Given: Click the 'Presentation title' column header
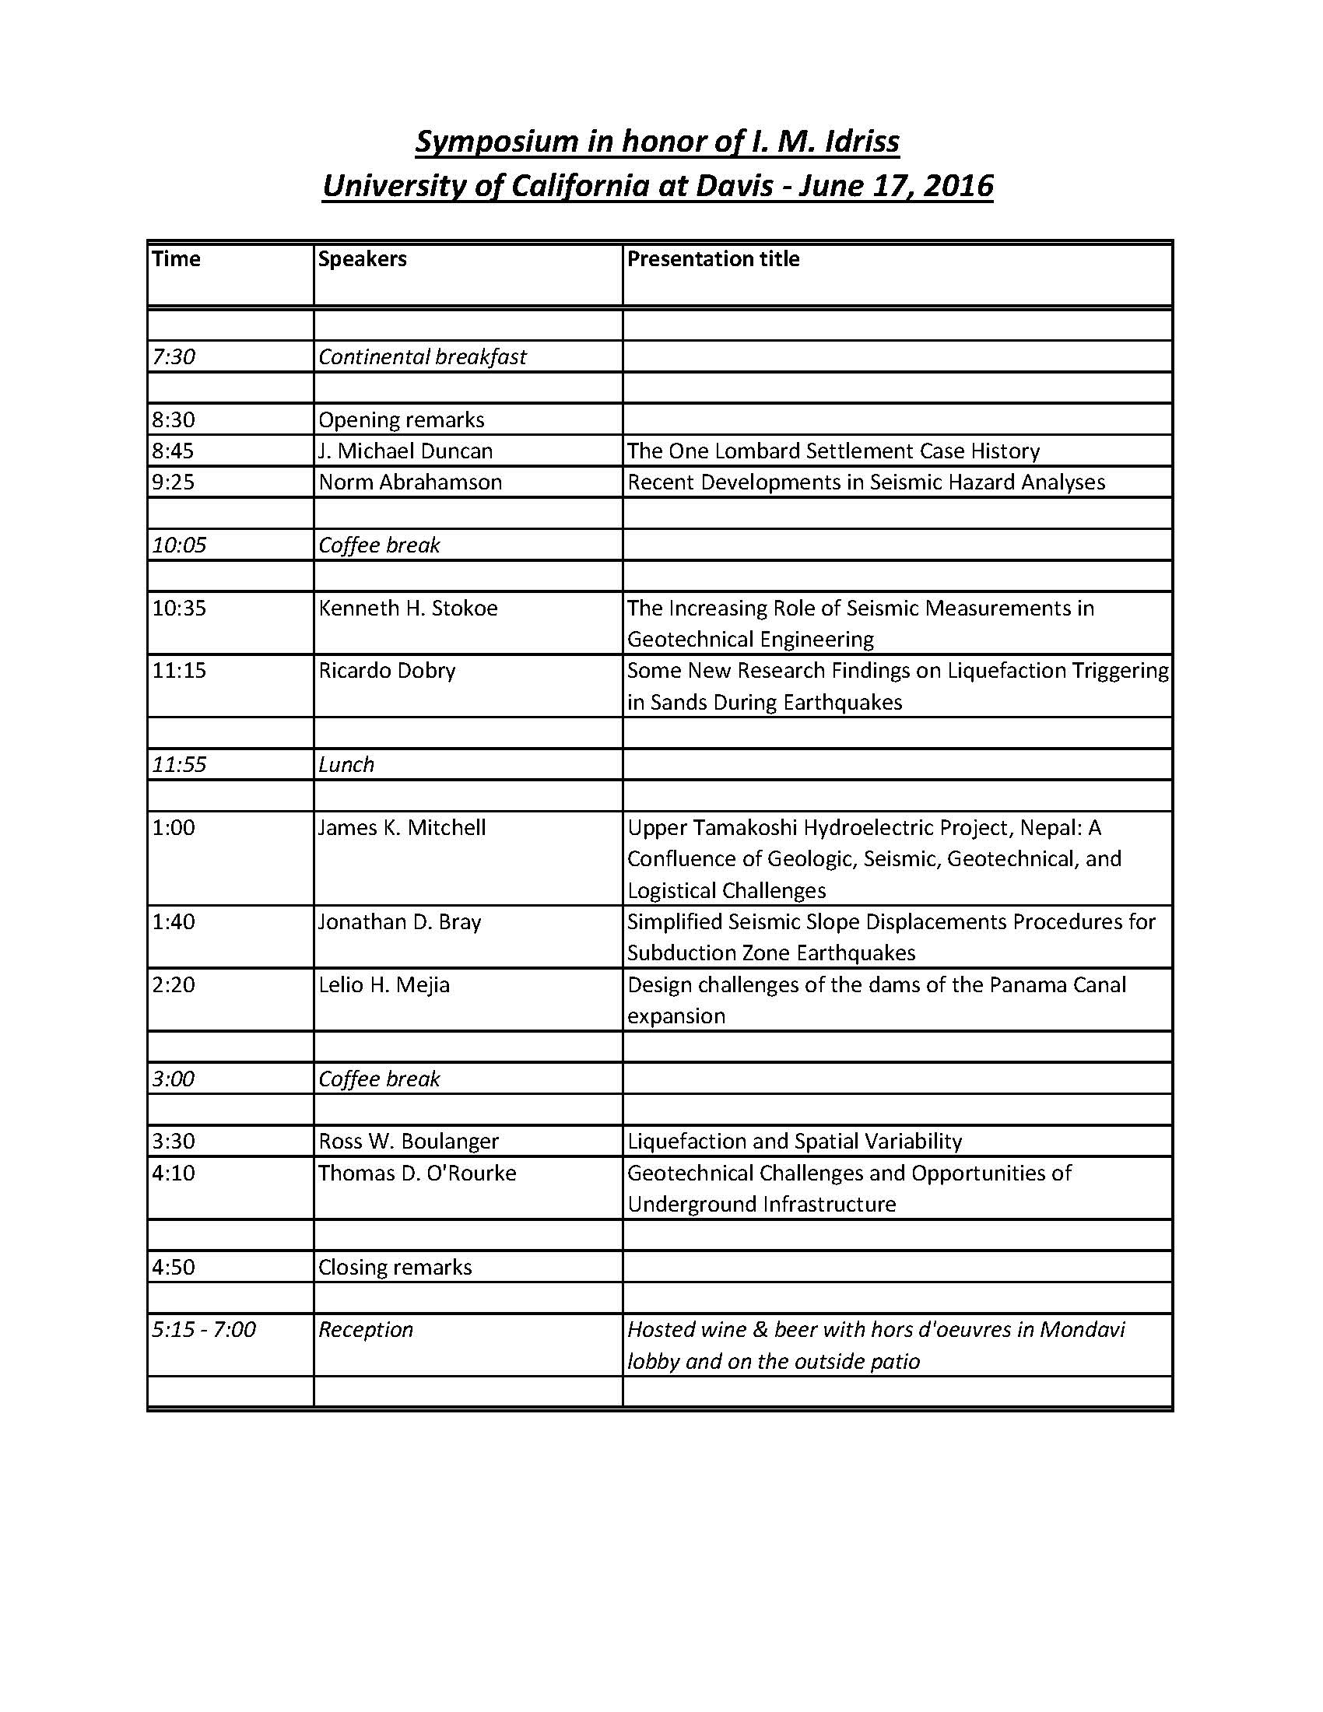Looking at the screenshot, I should (x=712, y=258).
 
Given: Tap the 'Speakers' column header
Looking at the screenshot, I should (x=362, y=258).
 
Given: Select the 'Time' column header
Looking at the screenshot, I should (x=177, y=258).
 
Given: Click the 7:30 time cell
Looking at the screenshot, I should (x=174, y=356).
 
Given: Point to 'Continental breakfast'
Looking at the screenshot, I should (x=422, y=356).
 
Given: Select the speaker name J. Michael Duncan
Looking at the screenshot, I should (x=405, y=451).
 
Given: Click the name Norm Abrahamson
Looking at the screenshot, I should (x=410, y=482).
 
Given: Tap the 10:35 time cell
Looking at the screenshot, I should (x=179, y=609).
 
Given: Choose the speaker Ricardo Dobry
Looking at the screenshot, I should (x=387, y=671).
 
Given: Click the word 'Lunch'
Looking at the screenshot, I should (x=346, y=764).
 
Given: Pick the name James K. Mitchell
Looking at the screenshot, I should (x=402, y=828).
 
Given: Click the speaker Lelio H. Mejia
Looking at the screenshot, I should (x=384, y=984).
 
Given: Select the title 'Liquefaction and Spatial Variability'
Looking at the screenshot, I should (x=794, y=1142).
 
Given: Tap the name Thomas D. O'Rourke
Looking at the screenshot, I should (x=417, y=1173).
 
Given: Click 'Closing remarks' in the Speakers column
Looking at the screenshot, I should (x=395, y=1268).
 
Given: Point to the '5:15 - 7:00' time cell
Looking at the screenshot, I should (x=204, y=1330).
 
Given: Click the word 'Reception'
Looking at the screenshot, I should (x=365, y=1330).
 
